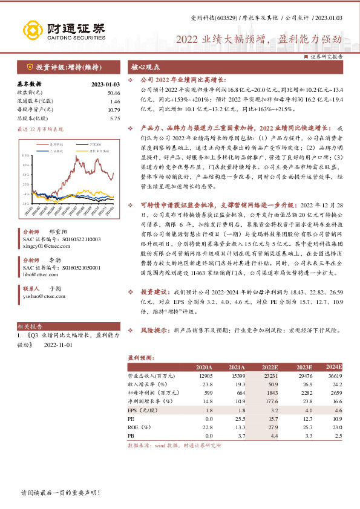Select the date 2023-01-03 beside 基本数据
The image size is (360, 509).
(106, 84)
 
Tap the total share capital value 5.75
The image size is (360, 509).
(116, 118)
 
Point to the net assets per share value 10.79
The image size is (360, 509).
(114, 109)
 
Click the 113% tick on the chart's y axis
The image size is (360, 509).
(26, 155)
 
